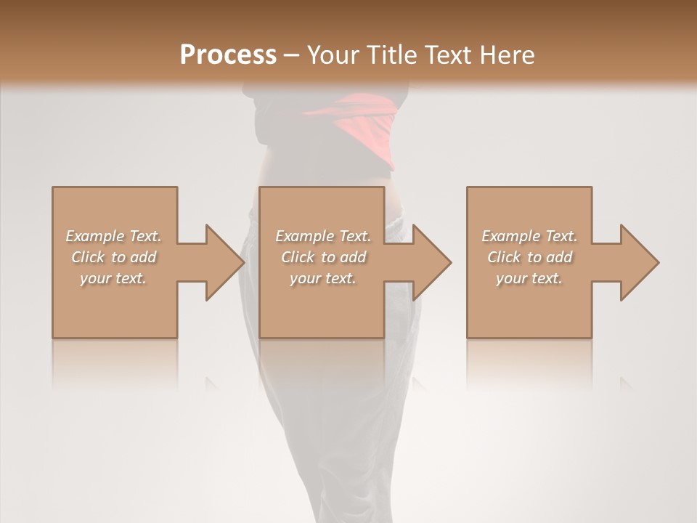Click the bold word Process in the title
[x=228, y=54]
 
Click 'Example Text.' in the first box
[x=113, y=236]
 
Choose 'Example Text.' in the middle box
[x=323, y=236]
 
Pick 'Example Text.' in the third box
[x=529, y=236]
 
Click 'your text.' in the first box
[x=113, y=278]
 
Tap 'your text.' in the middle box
[x=323, y=278]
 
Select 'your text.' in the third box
[x=529, y=278]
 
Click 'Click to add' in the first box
[x=113, y=257]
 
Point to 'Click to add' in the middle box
[x=323, y=257]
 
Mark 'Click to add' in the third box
[x=529, y=257]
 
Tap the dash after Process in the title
[x=292, y=56]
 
